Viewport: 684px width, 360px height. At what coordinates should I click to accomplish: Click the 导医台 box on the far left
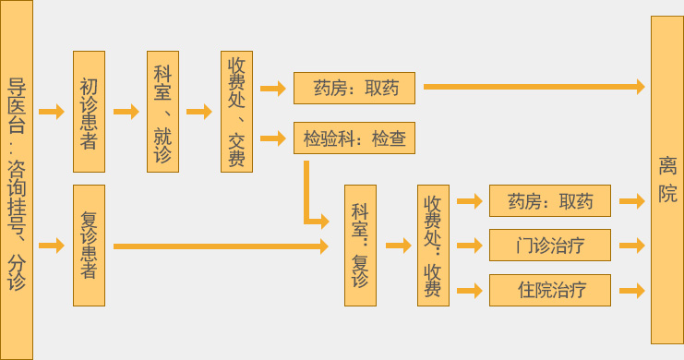[17, 180]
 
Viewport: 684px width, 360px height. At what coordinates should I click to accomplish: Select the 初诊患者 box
[89, 112]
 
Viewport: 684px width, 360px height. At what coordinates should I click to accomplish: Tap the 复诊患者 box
[89, 245]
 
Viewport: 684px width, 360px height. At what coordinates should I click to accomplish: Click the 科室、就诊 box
[162, 112]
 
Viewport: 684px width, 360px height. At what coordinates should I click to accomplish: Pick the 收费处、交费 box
[236, 112]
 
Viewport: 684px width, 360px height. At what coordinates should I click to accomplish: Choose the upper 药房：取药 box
[354, 88]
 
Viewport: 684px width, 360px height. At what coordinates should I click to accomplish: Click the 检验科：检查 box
[354, 139]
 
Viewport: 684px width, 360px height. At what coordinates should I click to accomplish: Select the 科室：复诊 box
[360, 245]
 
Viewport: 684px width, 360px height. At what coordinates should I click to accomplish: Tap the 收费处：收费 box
[433, 245]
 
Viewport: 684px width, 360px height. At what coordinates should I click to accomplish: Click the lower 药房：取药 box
[550, 200]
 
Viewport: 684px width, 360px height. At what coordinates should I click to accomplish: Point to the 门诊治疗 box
[550, 246]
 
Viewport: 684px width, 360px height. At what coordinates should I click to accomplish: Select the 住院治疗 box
[550, 290]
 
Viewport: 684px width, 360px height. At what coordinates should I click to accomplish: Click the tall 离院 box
[666, 180]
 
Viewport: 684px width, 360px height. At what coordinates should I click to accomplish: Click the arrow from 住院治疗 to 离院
[631, 290]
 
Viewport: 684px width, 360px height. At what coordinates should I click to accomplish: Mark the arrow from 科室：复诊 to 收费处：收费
[397, 246]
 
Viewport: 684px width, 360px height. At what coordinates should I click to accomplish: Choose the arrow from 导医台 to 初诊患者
[52, 112]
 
